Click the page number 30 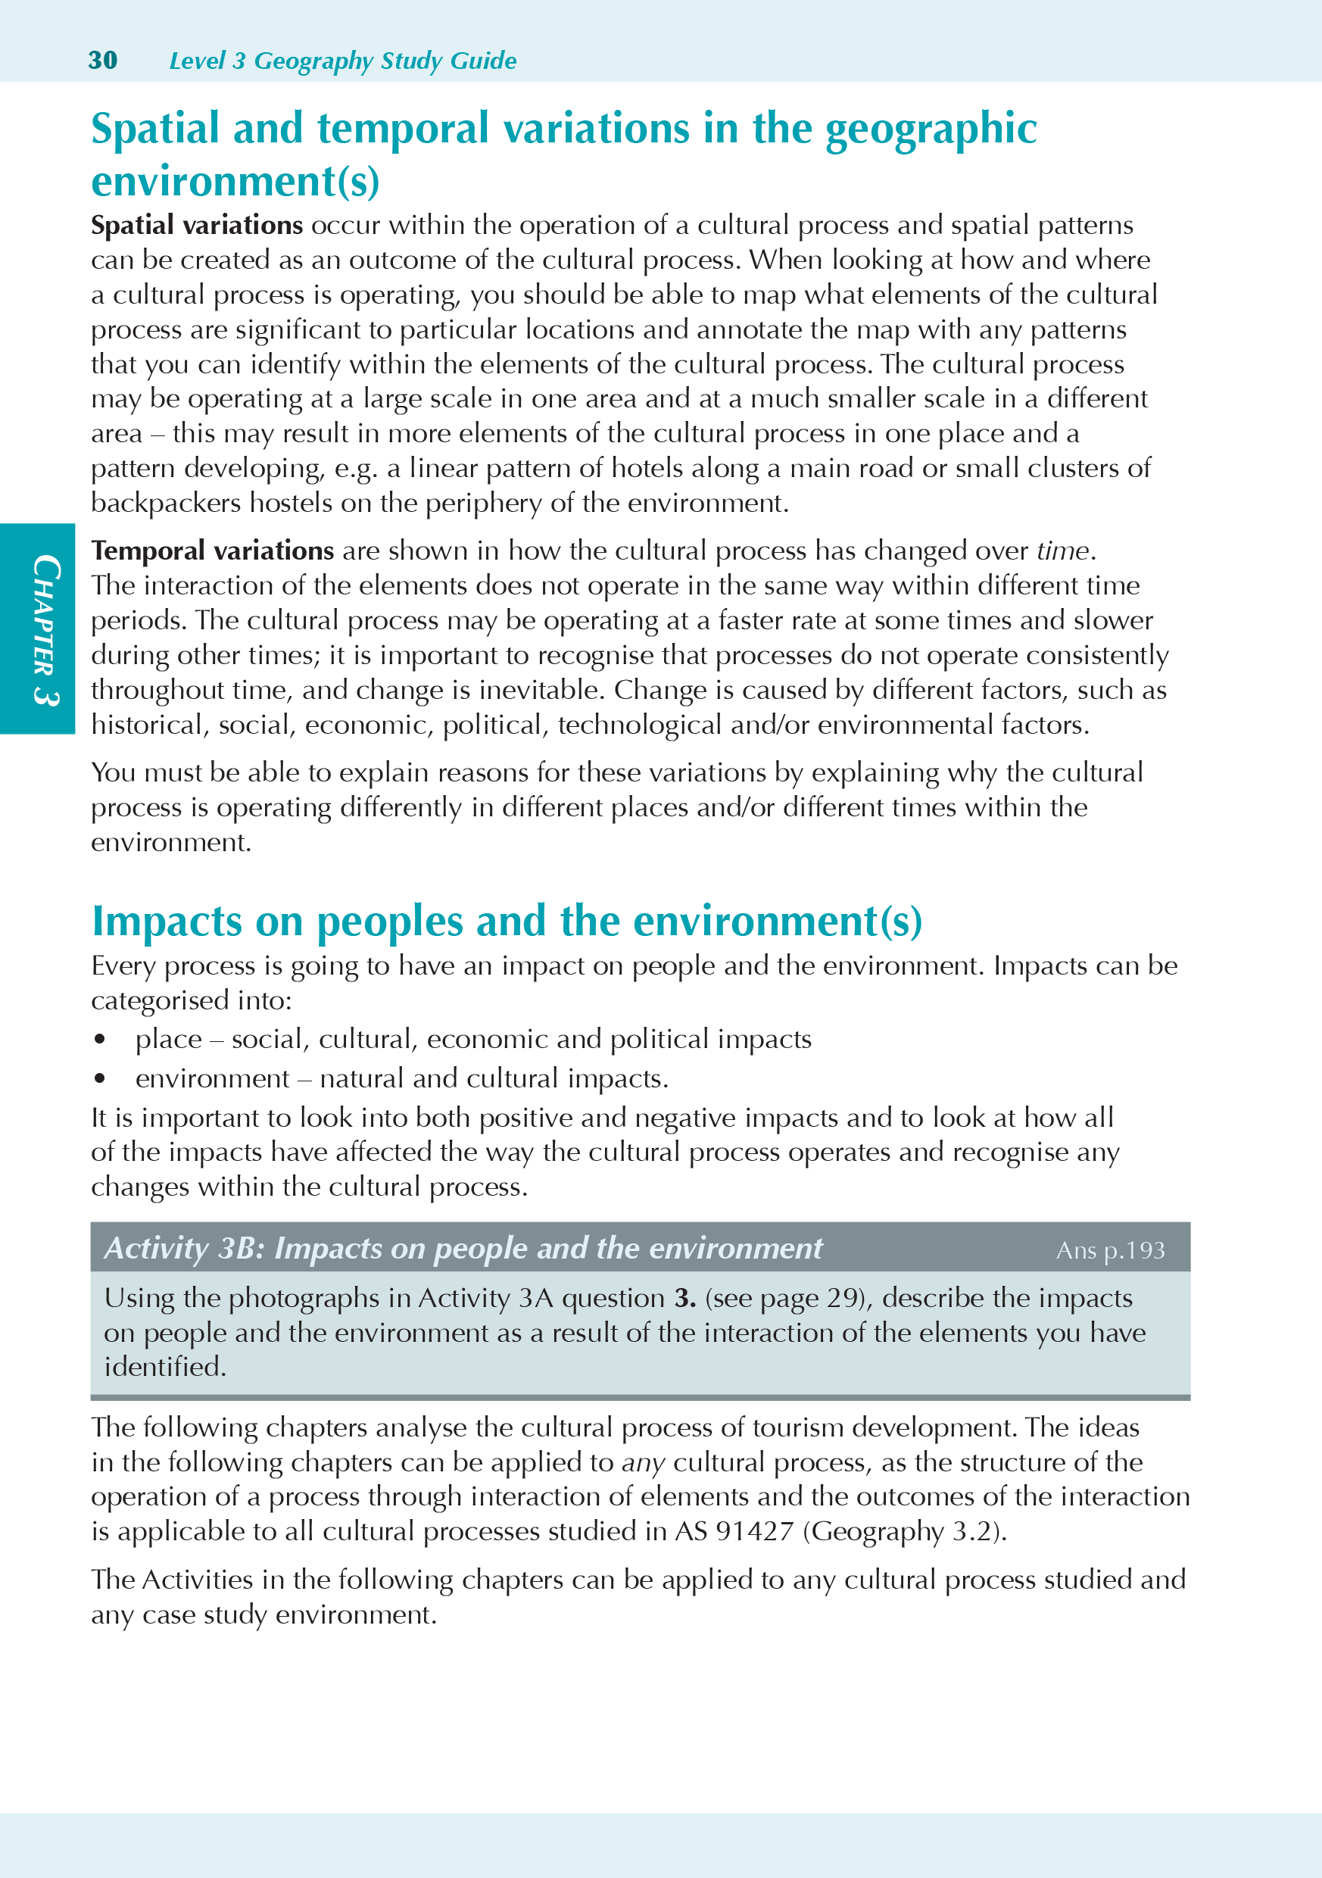point(103,61)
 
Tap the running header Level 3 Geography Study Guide point(342,61)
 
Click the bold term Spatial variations point(197,225)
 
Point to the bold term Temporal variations point(213,551)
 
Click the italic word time point(1062,551)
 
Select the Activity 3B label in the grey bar point(180,1248)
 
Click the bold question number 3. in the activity point(684,1298)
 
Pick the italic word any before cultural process point(643,1462)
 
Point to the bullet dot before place point(100,1040)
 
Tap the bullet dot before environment point(100,1079)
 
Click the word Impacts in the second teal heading point(167,921)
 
